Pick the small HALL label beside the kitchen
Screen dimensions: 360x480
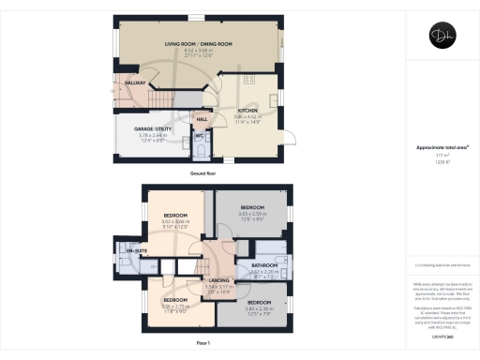click(x=202, y=119)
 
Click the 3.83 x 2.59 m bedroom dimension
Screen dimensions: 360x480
click(x=252, y=214)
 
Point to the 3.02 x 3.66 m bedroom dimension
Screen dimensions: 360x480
click(x=176, y=223)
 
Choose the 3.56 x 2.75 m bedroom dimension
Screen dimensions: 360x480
click(x=175, y=306)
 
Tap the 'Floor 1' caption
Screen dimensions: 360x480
click(x=202, y=344)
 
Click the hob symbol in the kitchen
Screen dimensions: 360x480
click(x=251, y=80)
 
